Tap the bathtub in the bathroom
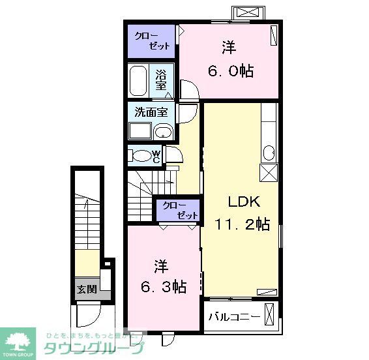(138, 81)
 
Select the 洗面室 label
(151, 112)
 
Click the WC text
(156, 157)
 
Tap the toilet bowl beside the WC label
(140, 156)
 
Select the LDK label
(242, 202)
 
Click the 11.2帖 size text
(242, 224)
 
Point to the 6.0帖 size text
(230, 70)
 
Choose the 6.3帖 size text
(162, 286)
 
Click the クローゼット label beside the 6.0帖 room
(153, 41)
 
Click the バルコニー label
(234, 318)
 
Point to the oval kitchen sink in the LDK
(268, 154)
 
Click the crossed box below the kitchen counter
(268, 173)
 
